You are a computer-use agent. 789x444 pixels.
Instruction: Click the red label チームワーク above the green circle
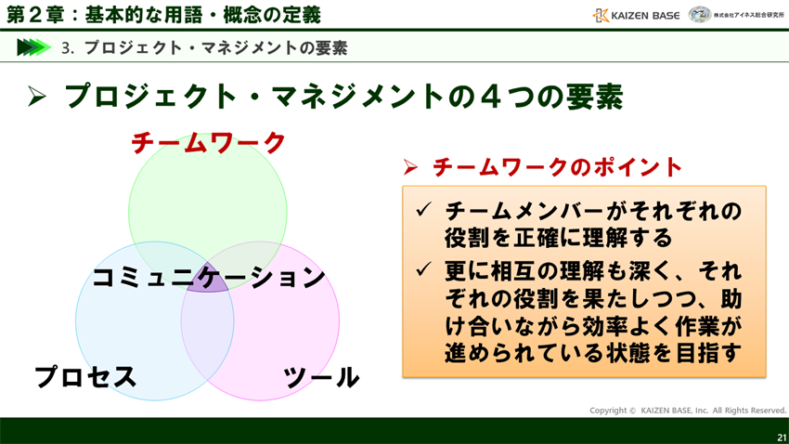[x=208, y=143]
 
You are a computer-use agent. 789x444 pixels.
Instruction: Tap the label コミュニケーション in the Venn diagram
[x=209, y=277]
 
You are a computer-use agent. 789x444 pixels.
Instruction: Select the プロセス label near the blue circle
[x=85, y=377]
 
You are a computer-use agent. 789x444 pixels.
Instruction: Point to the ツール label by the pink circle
[x=321, y=377]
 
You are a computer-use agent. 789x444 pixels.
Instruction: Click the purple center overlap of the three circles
[x=209, y=284]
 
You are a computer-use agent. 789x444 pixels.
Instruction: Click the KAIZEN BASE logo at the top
[x=636, y=15]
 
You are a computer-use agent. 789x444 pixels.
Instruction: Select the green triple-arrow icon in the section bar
[x=33, y=47]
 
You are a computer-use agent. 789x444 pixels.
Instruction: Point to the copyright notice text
[x=687, y=410]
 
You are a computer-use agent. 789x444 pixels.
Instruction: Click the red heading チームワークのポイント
[x=558, y=167]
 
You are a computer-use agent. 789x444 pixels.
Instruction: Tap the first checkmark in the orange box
[x=422, y=211]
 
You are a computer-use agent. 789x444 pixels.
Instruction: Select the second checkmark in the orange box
[x=422, y=270]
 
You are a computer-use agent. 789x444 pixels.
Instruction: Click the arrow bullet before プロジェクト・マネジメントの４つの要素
[x=37, y=97]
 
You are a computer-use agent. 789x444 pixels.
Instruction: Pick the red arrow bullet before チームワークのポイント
[x=410, y=168]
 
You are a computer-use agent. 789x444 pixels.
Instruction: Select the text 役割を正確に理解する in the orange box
[x=558, y=238]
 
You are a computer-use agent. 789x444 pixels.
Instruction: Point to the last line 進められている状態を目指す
[x=593, y=354]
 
